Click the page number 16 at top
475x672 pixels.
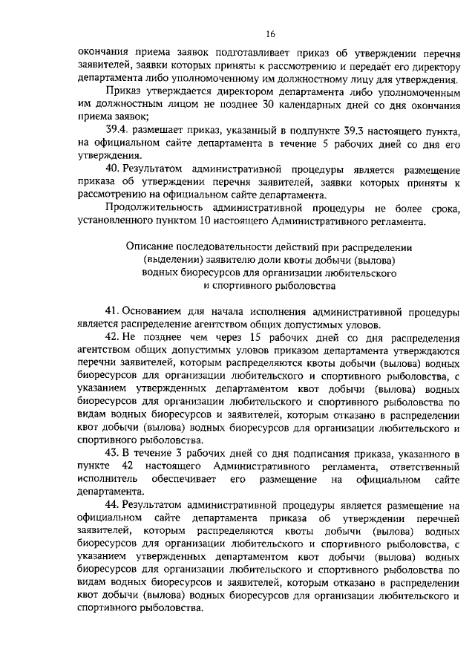(x=270, y=34)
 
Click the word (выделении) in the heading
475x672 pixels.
(x=170, y=259)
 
